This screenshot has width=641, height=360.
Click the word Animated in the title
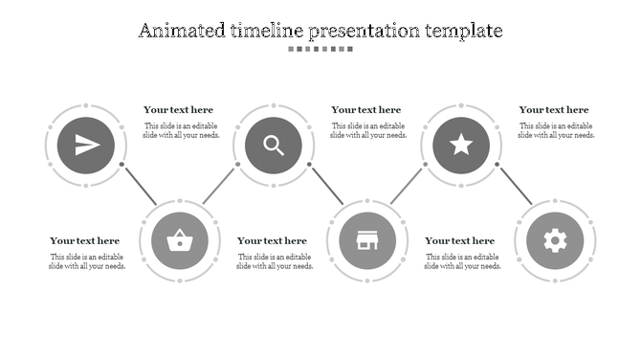(181, 31)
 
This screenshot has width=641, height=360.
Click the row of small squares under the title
(320, 49)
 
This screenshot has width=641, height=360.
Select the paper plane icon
(86, 146)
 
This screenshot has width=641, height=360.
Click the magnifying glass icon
(274, 146)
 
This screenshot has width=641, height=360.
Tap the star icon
(461, 146)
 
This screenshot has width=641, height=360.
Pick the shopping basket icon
(179, 239)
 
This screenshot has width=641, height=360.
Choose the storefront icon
(366, 239)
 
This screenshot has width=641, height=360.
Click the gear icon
(555, 239)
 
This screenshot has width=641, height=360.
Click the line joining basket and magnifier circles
(219, 185)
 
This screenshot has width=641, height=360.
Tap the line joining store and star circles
(407, 185)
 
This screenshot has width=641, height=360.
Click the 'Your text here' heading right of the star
(554, 110)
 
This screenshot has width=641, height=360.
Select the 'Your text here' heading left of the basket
(85, 241)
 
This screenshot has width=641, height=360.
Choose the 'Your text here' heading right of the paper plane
(179, 110)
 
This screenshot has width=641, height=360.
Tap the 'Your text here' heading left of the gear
(460, 241)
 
